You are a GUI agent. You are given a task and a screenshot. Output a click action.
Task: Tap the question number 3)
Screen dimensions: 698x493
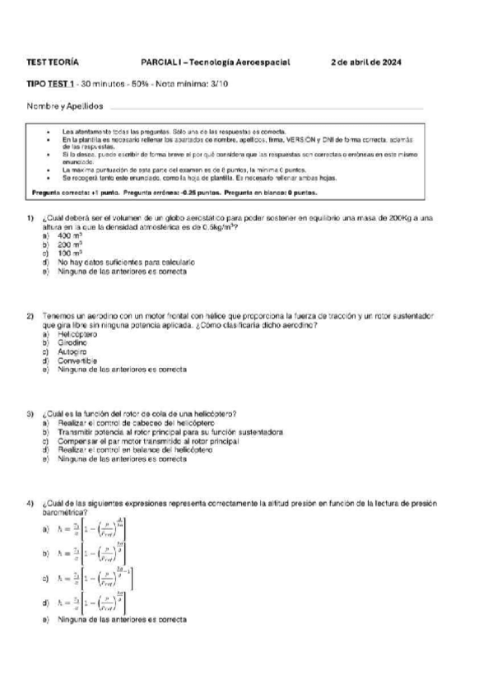[30, 412]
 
